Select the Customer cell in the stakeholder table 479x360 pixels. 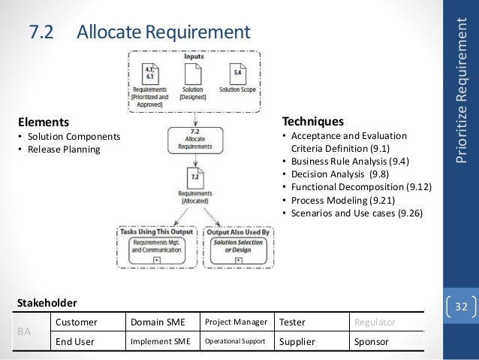[x=74, y=322]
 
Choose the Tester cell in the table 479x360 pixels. [x=293, y=322]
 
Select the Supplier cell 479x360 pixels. [x=299, y=340]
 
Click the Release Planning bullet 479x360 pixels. [x=60, y=149]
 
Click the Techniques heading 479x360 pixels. [x=312, y=121]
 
